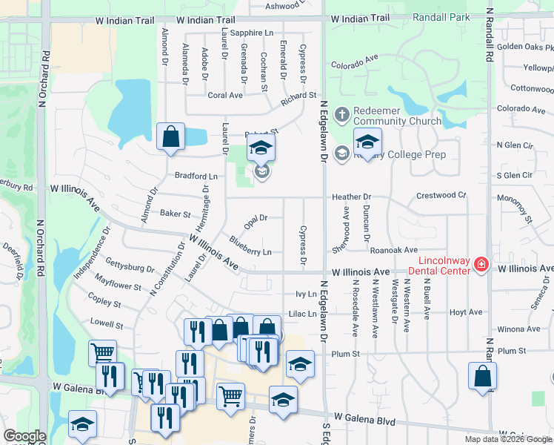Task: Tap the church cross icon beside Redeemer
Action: (341, 114)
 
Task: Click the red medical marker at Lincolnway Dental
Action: (481, 265)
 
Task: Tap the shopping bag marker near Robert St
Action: (170, 136)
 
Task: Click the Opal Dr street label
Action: (255, 218)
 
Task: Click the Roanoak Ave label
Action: (394, 251)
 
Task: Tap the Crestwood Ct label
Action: (441, 196)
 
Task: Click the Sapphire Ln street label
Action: (252, 33)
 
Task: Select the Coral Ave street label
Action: (225, 96)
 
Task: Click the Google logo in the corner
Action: (25, 436)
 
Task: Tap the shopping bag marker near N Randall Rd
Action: (483, 375)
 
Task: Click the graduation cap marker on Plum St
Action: (300, 363)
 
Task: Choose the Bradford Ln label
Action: (196, 177)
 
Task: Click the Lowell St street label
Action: (106, 324)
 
